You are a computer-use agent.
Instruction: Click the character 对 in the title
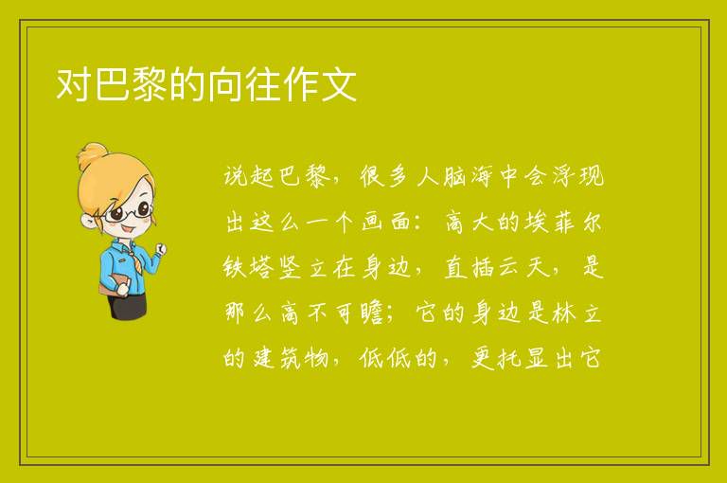pyautogui.click(x=74, y=84)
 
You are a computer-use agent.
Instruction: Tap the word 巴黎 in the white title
pyautogui.click(x=131, y=84)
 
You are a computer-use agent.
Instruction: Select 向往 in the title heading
pyautogui.click(x=244, y=84)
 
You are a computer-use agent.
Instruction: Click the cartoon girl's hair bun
pyautogui.click(x=92, y=156)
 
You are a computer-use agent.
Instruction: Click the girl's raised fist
pyautogui.click(x=161, y=249)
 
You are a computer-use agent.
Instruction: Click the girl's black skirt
pyautogui.click(x=128, y=306)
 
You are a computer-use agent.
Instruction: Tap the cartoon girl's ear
pyautogui.click(x=88, y=222)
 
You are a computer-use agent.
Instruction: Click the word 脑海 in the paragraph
pyautogui.click(x=467, y=177)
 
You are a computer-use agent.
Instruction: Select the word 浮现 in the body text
pyautogui.click(x=578, y=176)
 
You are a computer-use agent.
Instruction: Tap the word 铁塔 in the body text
pyautogui.click(x=247, y=268)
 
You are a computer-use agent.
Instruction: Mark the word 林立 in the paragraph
pyautogui.click(x=577, y=313)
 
